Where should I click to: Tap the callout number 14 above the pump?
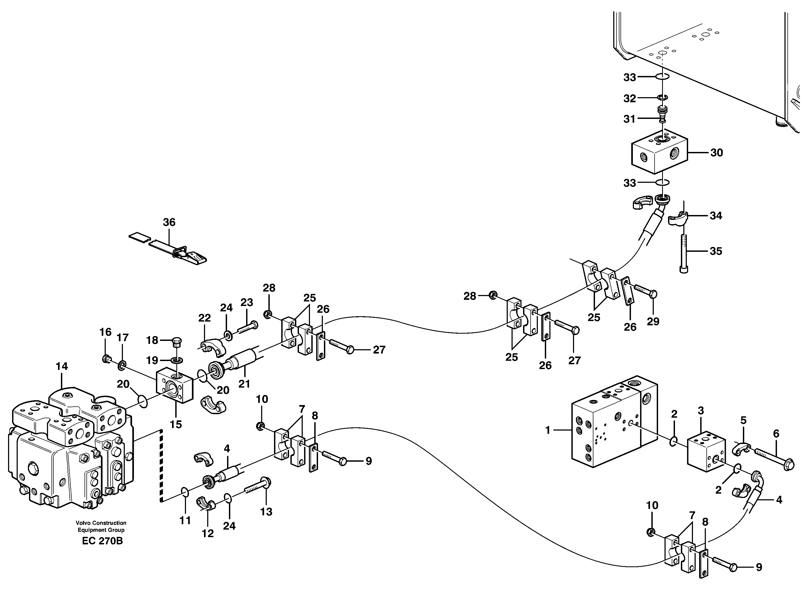click(x=61, y=366)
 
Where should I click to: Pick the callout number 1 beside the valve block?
click(x=548, y=430)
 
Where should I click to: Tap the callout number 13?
click(x=266, y=512)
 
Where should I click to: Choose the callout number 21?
click(x=244, y=384)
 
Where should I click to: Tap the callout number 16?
click(x=105, y=332)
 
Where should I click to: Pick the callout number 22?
click(x=204, y=318)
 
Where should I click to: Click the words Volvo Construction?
click(x=101, y=523)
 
